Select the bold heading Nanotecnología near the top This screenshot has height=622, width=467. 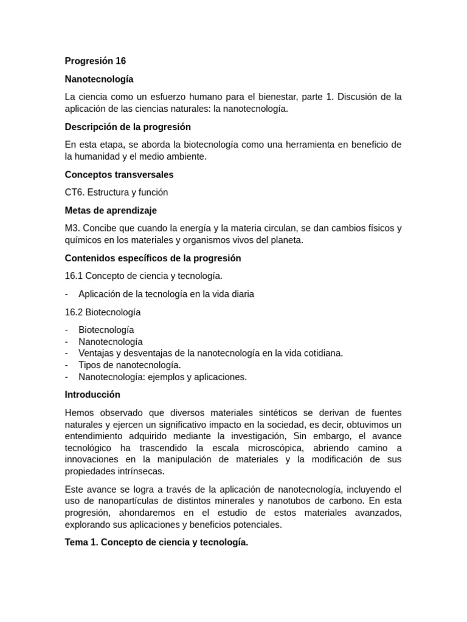point(99,79)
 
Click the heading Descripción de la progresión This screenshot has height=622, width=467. point(128,127)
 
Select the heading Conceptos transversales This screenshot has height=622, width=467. point(119,174)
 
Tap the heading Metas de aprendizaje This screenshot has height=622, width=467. point(111,210)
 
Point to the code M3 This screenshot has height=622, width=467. point(72,228)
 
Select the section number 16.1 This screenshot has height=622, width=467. point(74,276)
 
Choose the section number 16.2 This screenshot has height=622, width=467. point(74,312)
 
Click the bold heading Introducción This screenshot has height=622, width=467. point(92,395)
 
